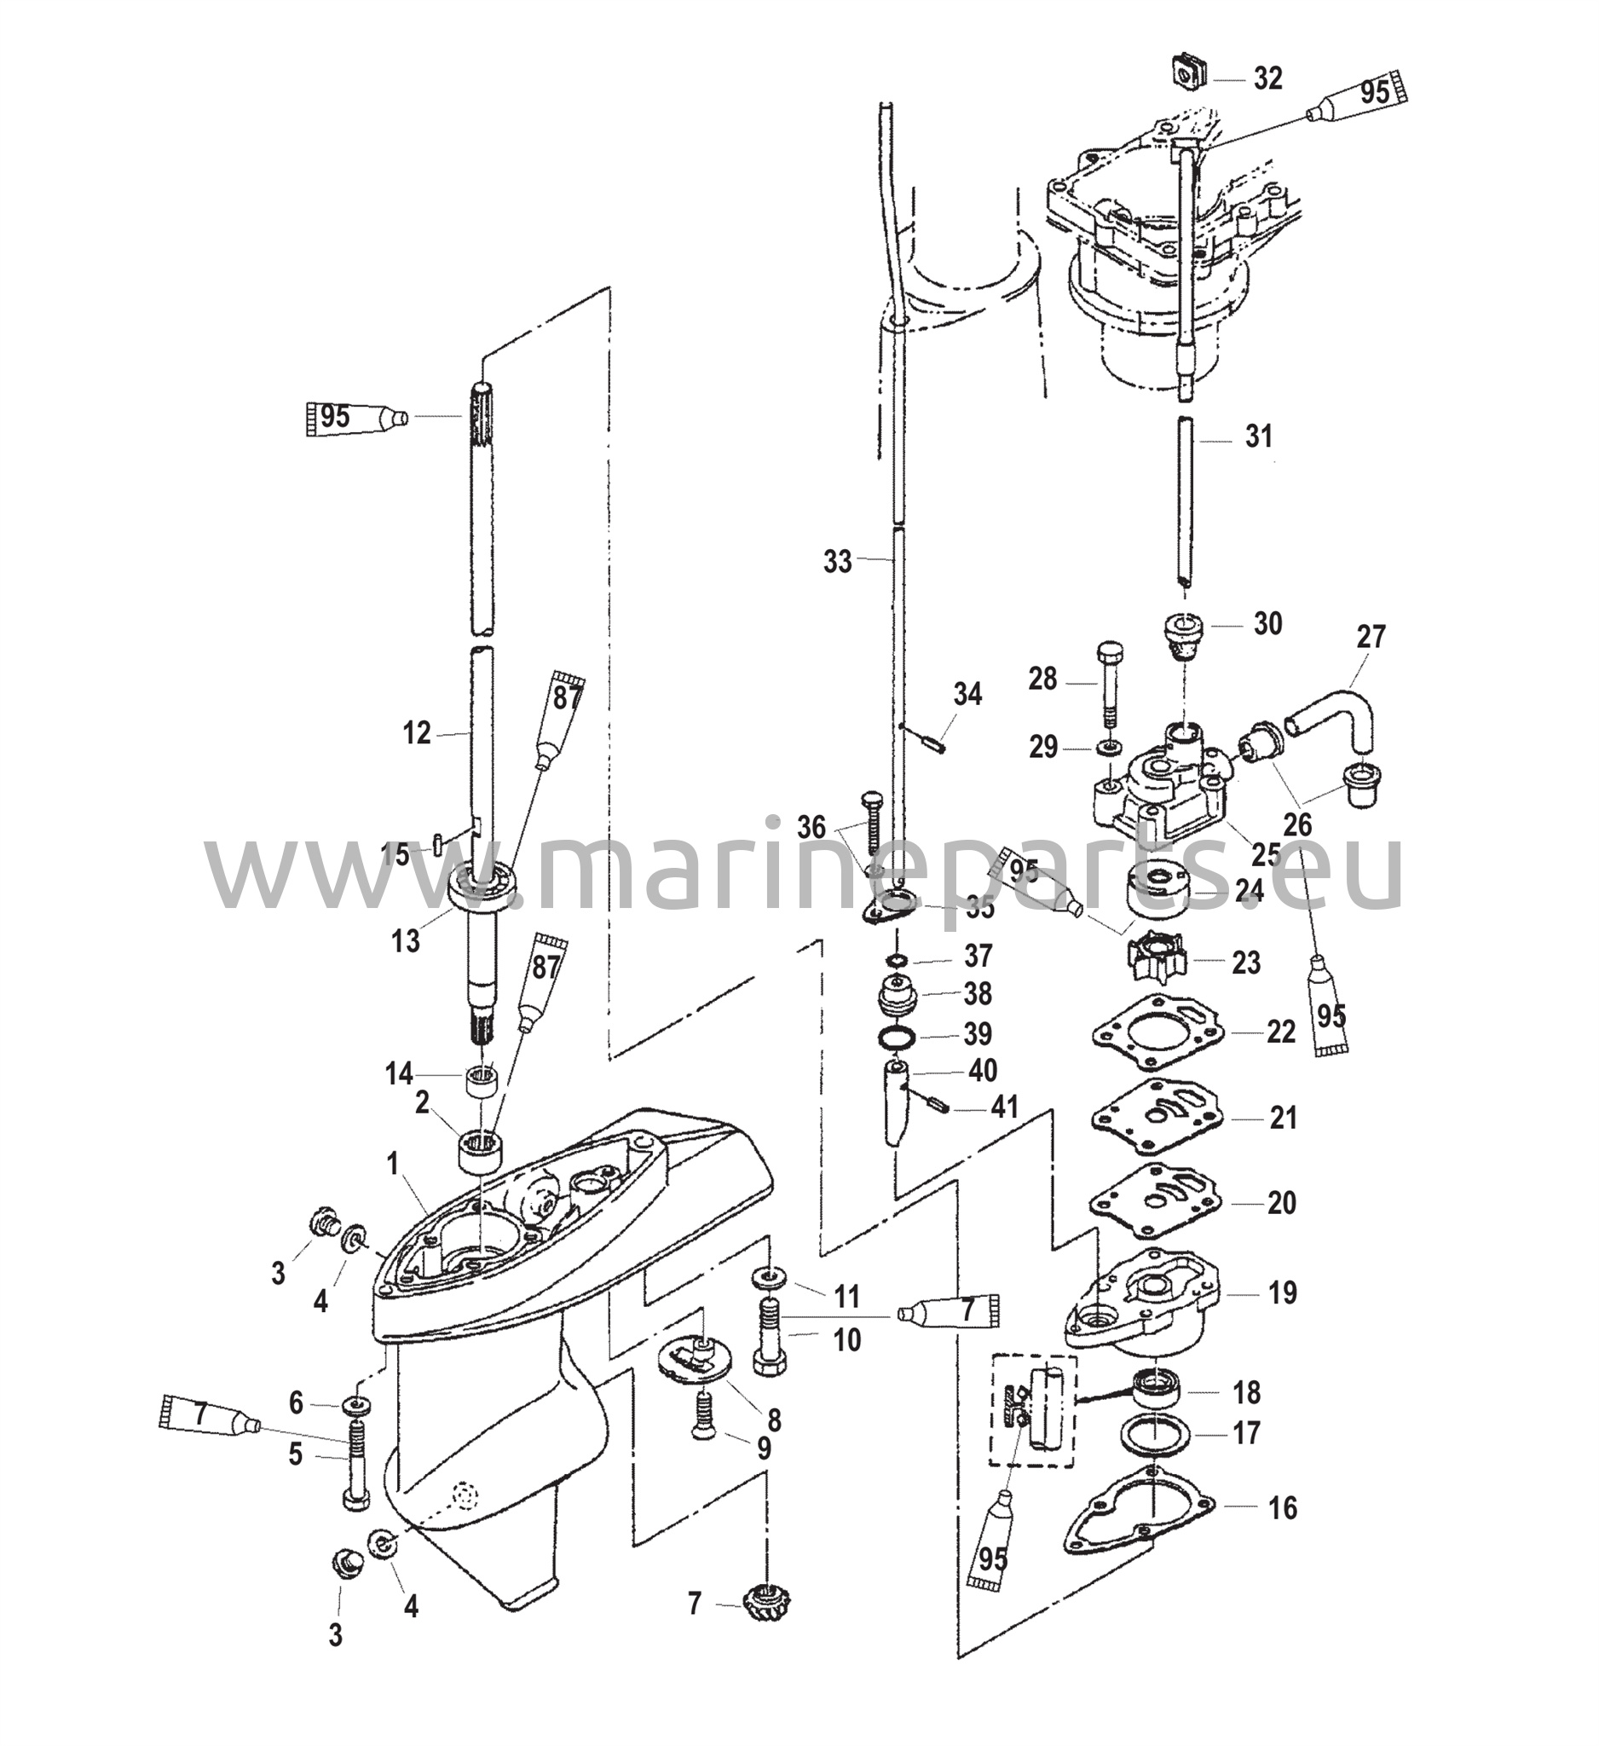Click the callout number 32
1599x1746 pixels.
[x=1268, y=78]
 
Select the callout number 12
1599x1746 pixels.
[x=417, y=733]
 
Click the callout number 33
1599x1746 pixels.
[x=837, y=562]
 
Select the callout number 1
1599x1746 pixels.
[x=392, y=1165]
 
